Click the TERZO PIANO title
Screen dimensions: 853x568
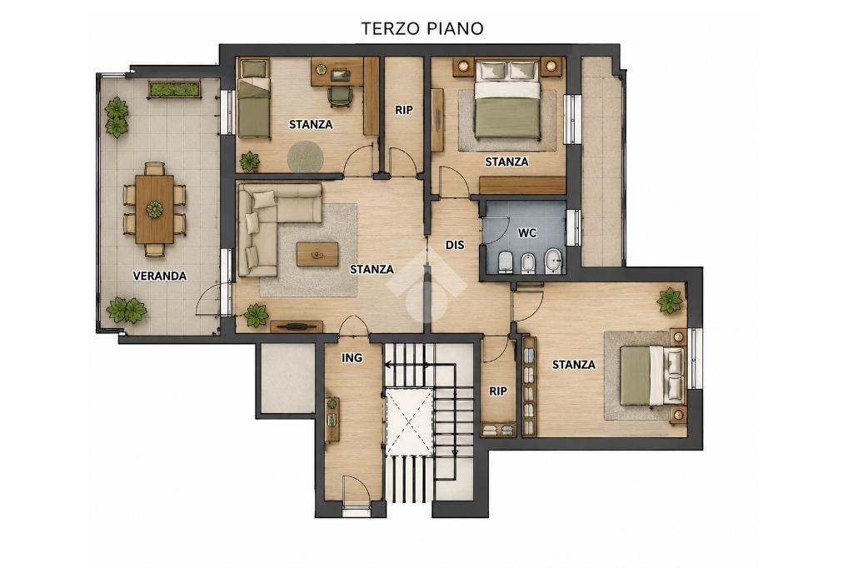pos(422,28)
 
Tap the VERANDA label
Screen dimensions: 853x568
pos(160,276)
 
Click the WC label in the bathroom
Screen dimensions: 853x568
pos(527,233)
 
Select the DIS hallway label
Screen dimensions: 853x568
pos(455,246)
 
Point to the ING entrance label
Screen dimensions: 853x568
pos(352,357)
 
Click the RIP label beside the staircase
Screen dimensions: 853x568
pos(498,391)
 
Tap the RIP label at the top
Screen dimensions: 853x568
pos(404,110)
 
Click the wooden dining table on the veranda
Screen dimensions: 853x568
pos(155,209)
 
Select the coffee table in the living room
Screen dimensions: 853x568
pos(317,254)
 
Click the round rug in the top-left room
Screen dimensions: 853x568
pos(306,157)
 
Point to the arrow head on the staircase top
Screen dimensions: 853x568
pos(388,365)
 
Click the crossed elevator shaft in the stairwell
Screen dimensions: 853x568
pos(409,421)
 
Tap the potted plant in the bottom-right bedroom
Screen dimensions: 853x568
pos(670,301)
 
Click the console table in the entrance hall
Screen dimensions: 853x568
pos(332,419)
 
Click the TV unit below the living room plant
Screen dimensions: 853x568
pos(297,326)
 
